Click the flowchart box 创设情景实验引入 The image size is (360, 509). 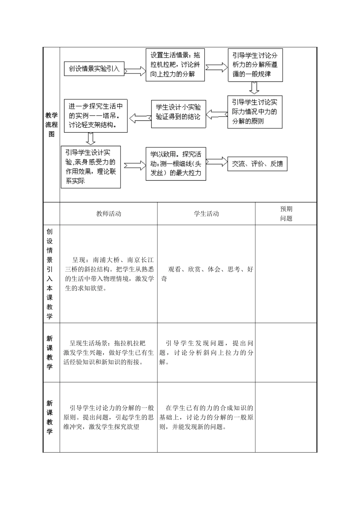(x=94, y=69)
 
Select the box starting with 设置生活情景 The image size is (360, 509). (x=175, y=65)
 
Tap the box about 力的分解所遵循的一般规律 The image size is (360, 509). (x=255, y=65)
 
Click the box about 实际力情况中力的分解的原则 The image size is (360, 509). (x=255, y=112)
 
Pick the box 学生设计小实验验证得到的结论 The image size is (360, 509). (x=178, y=112)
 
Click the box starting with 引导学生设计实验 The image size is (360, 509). (x=91, y=167)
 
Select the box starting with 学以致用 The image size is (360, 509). (x=175, y=164)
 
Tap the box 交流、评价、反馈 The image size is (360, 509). (x=257, y=164)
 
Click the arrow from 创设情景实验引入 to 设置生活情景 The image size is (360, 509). (x=135, y=70)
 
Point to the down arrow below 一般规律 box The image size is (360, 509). (x=254, y=87)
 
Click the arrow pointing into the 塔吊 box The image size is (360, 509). (x=140, y=118)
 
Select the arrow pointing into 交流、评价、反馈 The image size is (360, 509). (x=216, y=162)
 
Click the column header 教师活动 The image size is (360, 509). (x=108, y=214)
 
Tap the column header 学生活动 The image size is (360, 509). (x=206, y=214)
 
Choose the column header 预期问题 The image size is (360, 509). (x=286, y=214)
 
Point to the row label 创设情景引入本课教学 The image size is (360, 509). (x=50, y=273)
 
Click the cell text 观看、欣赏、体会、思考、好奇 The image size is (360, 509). (x=206, y=274)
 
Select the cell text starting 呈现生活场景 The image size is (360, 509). (x=108, y=353)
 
